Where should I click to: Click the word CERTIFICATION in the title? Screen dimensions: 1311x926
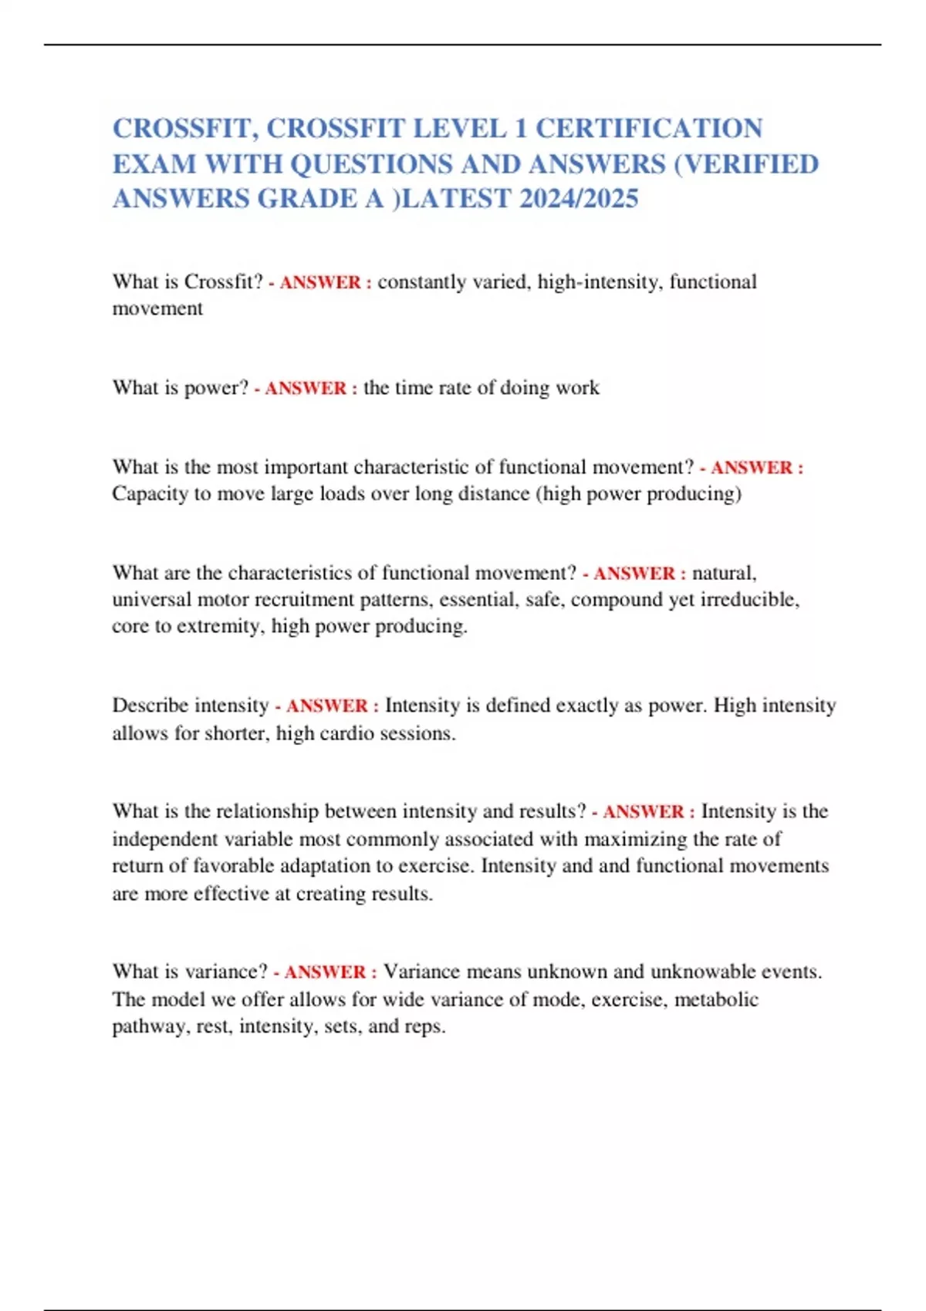(649, 128)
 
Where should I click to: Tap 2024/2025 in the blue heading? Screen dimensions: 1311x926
(579, 198)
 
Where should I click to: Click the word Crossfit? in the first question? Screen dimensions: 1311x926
(224, 281)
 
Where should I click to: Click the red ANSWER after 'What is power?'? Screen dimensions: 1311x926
(306, 388)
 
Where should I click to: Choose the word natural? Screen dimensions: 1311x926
(724, 573)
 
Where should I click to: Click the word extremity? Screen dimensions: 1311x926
(221, 625)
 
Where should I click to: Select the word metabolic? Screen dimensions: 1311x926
(716, 999)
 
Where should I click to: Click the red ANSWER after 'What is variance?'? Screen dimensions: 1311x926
(325, 972)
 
